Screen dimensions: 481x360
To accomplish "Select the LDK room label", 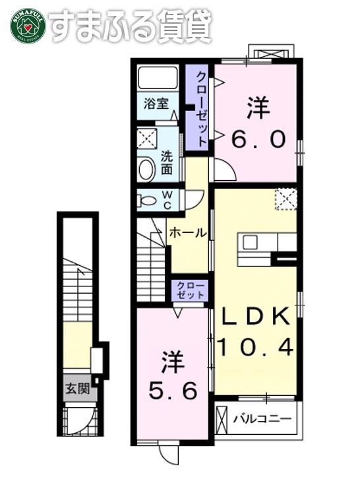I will [255, 317].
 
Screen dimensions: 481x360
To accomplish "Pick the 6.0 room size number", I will [258, 139].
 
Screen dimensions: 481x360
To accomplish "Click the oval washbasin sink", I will [146, 170].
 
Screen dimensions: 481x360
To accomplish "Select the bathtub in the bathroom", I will [159, 79].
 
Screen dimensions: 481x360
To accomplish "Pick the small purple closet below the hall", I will [191, 290].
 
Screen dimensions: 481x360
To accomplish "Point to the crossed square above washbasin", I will [146, 139].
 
